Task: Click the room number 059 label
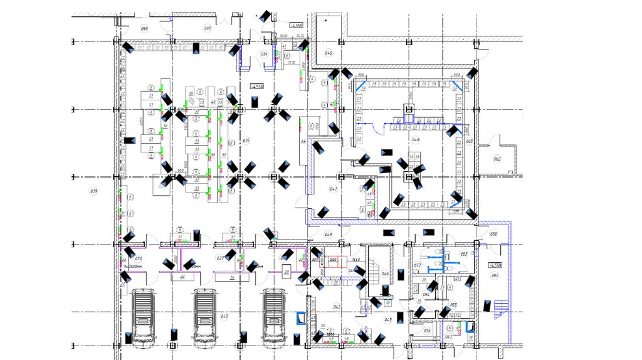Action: (144, 29)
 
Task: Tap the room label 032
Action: (208, 29)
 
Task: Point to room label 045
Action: (329, 53)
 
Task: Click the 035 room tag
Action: (246, 140)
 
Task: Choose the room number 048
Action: (415, 139)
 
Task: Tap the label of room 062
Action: (497, 159)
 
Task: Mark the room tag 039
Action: (95, 190)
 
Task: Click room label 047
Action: (333, 188)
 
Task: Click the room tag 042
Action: (337, 306)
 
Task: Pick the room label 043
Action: (387, 320)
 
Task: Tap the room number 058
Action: (493, 234)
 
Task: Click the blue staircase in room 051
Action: (501, 307)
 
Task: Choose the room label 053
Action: (464, 253)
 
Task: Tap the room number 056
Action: (427, 330)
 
